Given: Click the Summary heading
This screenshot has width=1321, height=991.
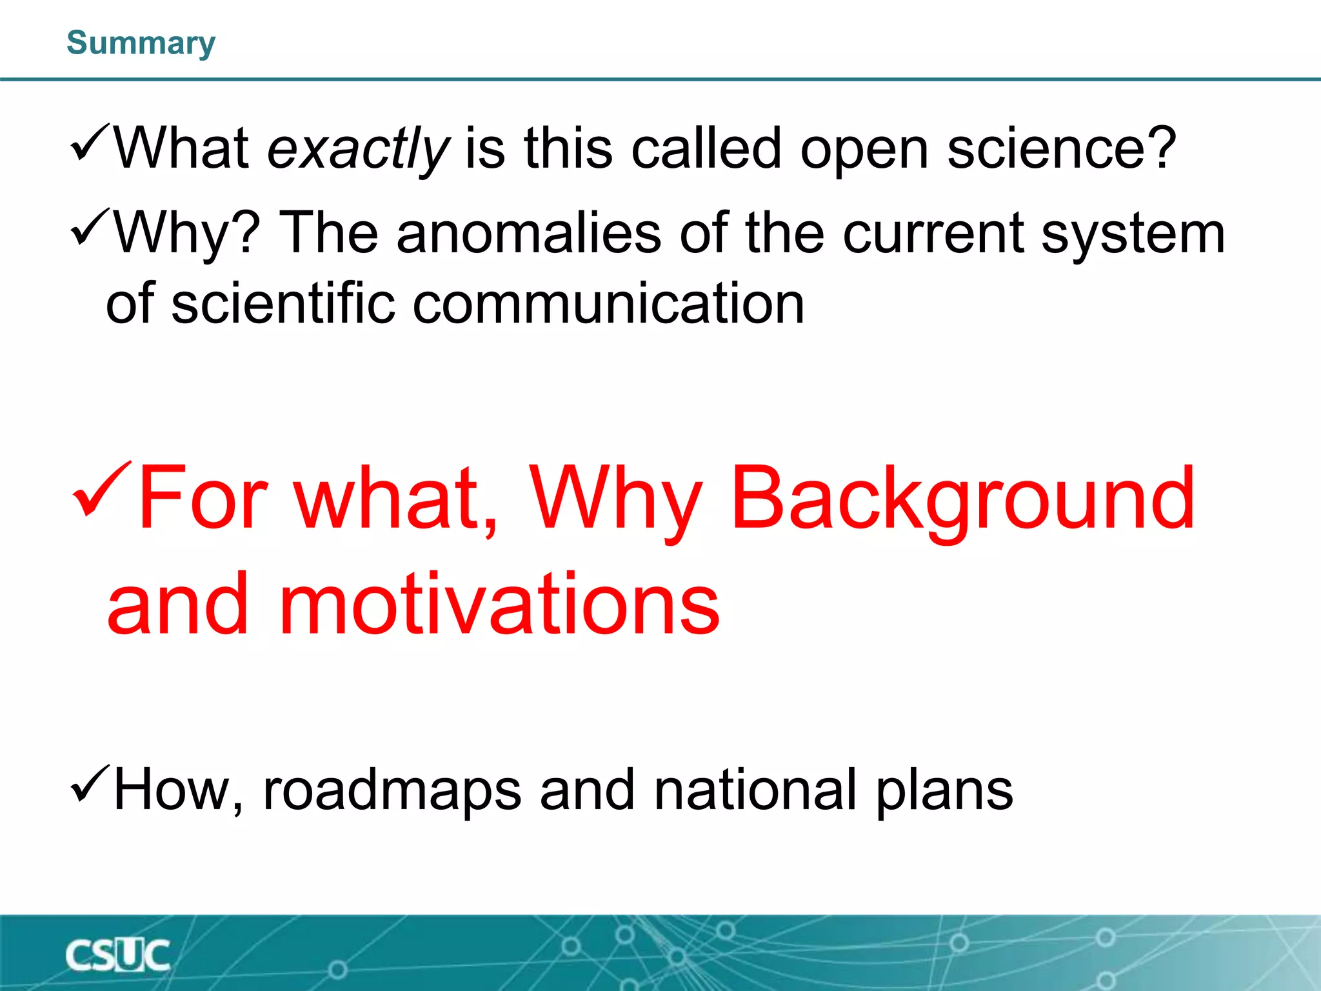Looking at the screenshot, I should [x=141, y=44].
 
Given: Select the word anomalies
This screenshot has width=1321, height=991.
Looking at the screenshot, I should [x=528, y=233].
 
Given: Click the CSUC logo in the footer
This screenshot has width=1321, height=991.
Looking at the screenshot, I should [x=117, y=956].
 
